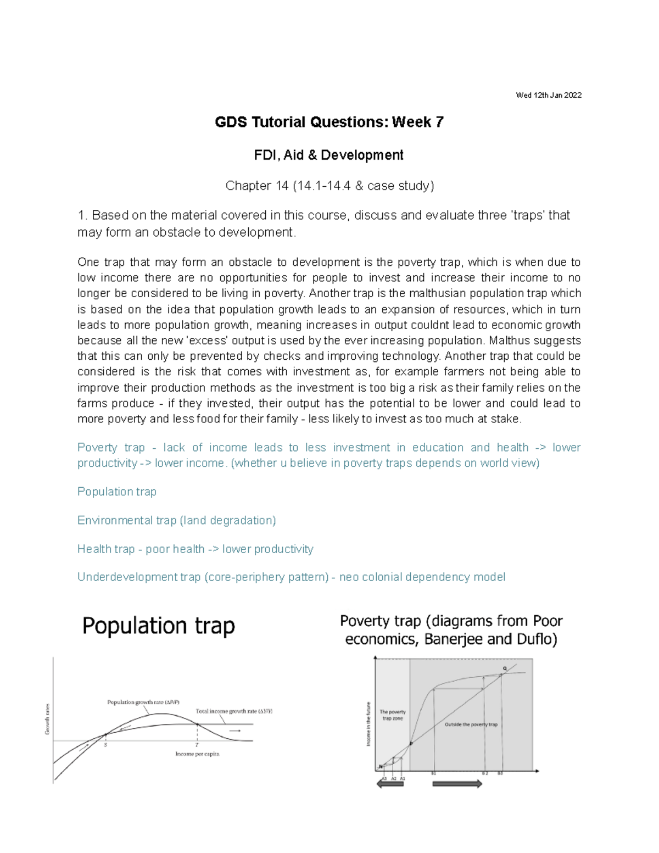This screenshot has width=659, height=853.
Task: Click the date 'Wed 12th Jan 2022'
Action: click(x=548, y=95)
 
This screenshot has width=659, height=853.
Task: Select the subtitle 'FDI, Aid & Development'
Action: click(x=328, y=155)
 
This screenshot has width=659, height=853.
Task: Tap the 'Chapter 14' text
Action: click(x=256, y=186)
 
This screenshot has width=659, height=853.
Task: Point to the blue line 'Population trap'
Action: click(x=116, y=492)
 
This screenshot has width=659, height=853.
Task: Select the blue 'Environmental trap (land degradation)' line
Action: click(x=176, y=520)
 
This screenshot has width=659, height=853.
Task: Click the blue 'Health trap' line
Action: click(x=195, y=549)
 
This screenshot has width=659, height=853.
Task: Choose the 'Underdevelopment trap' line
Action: click(x=291, y=577)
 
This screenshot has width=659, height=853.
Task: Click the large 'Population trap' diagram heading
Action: click(x=158, y=626)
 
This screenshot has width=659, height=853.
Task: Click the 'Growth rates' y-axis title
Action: click(x=47, y=719)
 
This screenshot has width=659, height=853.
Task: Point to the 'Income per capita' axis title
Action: click(x=197, y=754)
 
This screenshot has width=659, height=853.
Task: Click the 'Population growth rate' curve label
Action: click(x=143, y=702)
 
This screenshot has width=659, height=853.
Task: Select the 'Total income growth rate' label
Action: click(x=234, y=711)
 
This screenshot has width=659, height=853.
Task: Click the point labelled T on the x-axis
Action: click(x=197, y=745)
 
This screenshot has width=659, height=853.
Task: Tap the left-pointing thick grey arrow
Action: click(x=390, y=784)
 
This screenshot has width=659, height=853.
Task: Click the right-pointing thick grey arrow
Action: click(x=457, y=784)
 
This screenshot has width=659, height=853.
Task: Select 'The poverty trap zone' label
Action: click(x=393, y=715)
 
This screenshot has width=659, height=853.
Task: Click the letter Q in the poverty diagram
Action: click(x=504, y=668)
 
